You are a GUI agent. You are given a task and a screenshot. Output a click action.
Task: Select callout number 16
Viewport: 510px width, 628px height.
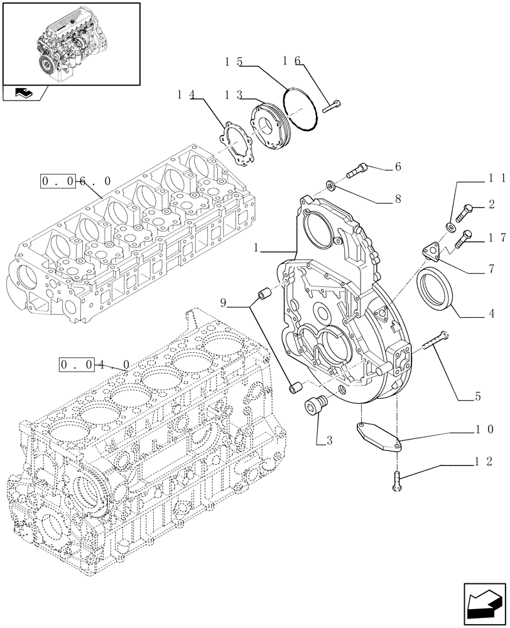pos(291,60)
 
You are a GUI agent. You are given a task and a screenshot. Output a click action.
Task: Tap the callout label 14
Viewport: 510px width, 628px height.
pos(185,95)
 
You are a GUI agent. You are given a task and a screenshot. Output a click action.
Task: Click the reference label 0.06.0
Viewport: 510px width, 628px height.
pos(76,181)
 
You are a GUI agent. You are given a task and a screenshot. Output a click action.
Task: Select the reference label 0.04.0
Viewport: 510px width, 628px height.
pos(95,364)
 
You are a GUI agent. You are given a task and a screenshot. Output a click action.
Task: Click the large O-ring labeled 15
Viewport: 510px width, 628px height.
pos(300,110)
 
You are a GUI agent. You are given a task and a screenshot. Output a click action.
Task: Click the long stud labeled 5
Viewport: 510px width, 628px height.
pos(435,342)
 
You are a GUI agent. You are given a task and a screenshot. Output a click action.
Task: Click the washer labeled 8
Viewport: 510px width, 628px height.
pos(330,185)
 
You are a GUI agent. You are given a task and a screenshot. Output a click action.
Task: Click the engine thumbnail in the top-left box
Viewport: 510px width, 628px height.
pos(71,43)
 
